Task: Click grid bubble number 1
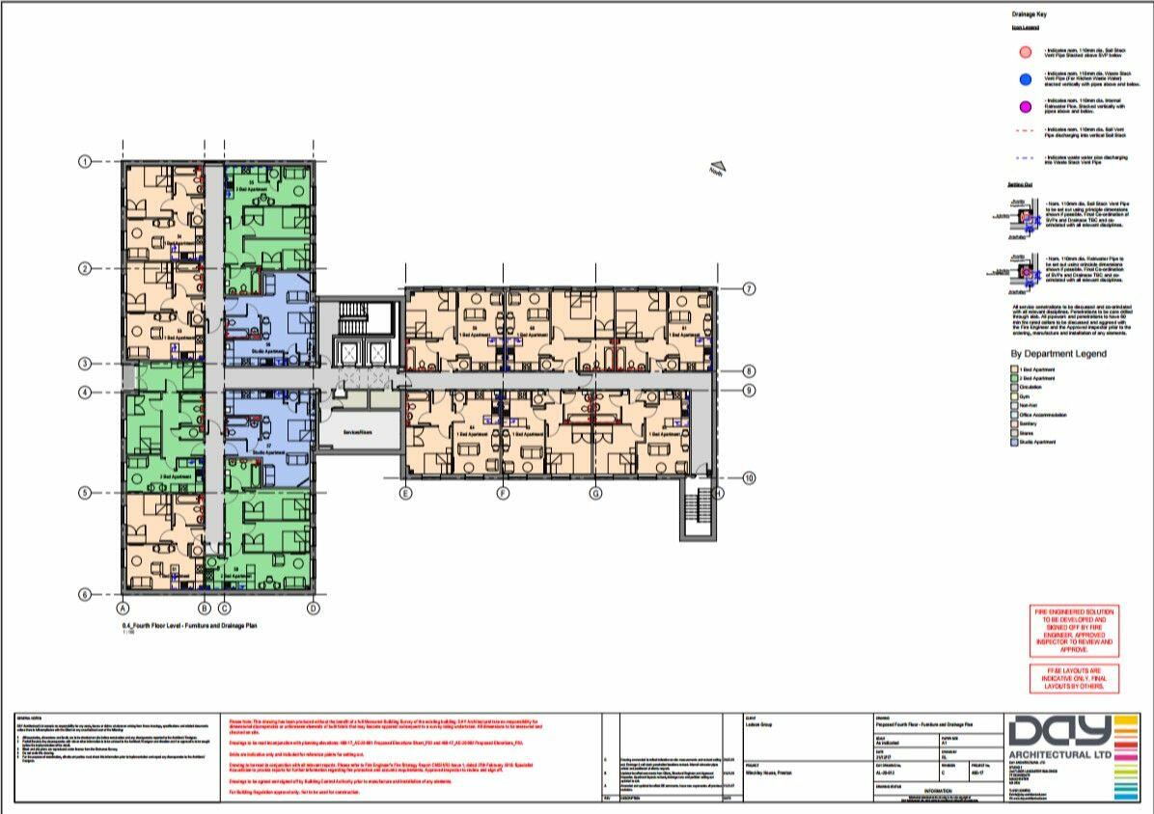[x=84, y=162]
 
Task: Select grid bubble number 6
[x=84, y=595]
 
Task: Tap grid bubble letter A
[x=124, y=609]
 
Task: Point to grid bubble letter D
[x=313, y=609]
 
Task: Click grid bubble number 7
[x=749, y=288]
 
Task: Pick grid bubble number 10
[x=749, y=477]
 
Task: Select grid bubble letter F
[x=503, y=493]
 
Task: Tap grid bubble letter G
[x=596, y=493]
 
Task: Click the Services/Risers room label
[x=358, y=432]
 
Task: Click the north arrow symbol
[x=716, y=169]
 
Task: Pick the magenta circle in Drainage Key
[x=1025, y=107]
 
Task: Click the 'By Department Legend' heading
[x=1058, y=354]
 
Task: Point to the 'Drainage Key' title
[x=1025, y=15]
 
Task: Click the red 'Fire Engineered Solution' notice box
[x=1074, y=631]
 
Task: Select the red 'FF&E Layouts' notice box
[x=1074, y=677]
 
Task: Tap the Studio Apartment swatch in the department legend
[x=1014, y=442]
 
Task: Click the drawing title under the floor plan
[x=187, y=626]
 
